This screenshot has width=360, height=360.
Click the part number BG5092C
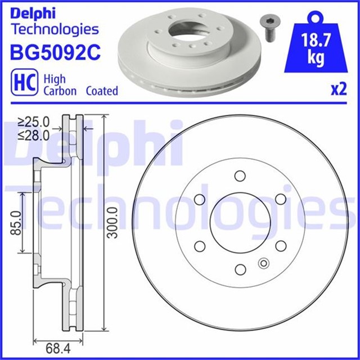coord(55,52)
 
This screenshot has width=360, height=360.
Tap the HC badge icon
coord(25,83)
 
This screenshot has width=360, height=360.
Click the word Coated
coord(102,91)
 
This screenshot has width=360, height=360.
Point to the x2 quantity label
coord(339,89)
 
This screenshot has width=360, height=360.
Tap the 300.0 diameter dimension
coord(113,222)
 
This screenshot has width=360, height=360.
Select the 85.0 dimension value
coord(16,223)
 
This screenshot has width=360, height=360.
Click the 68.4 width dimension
coord(58,349)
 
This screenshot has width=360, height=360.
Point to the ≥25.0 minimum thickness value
coord(34,122)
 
